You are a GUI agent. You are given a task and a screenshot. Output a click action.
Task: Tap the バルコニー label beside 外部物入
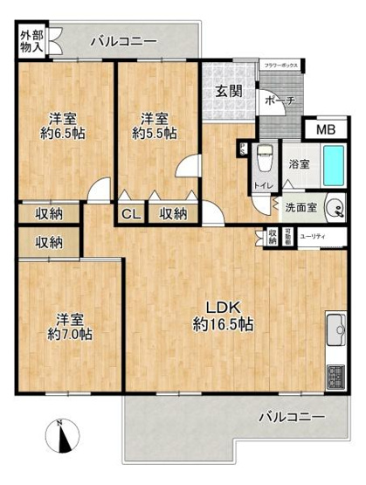pyautogui.click(x=123, y=41)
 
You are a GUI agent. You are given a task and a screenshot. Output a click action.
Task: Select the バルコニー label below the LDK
pyautogui.click(x=291, y=416)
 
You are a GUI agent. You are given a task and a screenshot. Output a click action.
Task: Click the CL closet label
pyautogui.click(x=130, y=212)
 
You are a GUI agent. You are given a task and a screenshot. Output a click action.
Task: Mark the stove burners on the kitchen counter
pyautogui.click(x=335, y=378)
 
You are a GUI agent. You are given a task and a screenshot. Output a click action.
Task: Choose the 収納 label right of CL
pyautogui.click(x=173, y=212)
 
